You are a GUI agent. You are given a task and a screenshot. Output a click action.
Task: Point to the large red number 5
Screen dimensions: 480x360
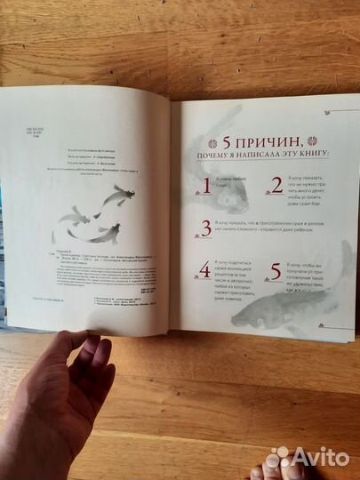tap(275, 269)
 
